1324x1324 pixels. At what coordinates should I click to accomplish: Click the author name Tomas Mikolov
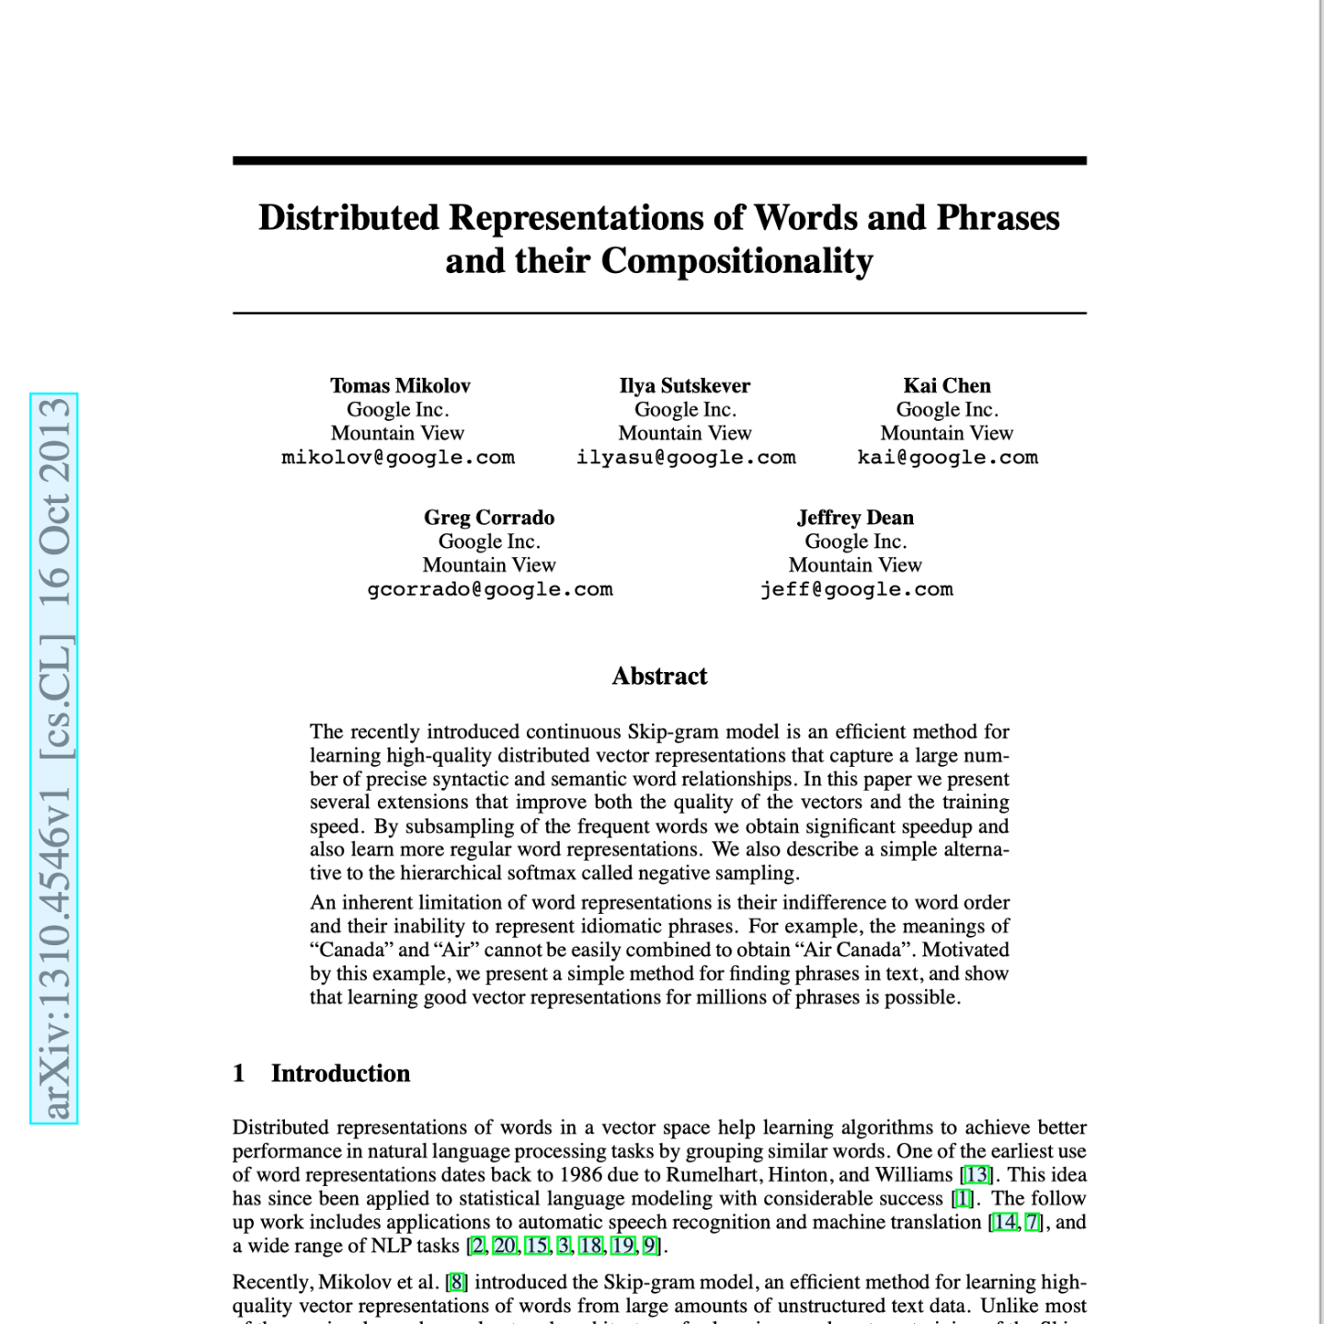400,386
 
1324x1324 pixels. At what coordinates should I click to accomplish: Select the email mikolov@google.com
398,458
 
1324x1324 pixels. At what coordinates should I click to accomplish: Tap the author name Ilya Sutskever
685,386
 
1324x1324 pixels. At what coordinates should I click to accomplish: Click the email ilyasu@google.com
686,458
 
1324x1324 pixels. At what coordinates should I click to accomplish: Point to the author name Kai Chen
947,386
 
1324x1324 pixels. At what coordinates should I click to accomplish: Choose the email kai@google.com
947,458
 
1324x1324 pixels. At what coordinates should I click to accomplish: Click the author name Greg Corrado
489,518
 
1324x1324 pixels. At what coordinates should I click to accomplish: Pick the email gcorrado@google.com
490,589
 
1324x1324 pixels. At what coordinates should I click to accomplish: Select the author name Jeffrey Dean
855,518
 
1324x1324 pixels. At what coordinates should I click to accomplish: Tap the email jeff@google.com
856,589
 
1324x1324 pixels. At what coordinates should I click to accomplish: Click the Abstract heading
659,677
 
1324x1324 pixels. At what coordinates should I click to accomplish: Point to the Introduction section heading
340,1074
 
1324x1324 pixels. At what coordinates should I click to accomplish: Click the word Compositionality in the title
736,262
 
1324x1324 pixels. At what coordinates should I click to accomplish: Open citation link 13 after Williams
976,1175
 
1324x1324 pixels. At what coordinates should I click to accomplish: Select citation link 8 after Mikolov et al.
456,1282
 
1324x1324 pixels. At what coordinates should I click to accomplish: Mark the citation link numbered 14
1005,1223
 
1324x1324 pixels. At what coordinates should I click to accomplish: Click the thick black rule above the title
659,161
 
